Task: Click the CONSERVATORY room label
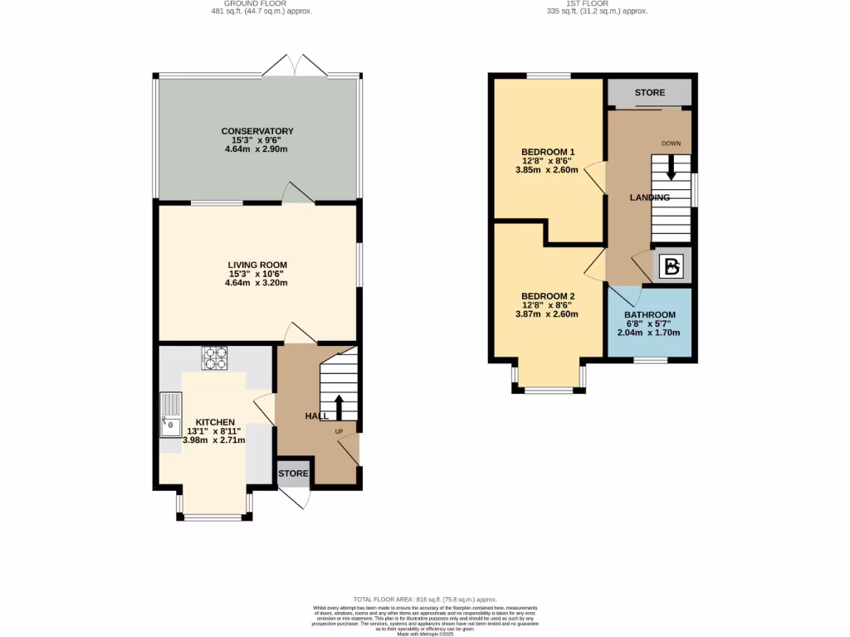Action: (x=257, y=131)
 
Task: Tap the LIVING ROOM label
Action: (x=257, y=265)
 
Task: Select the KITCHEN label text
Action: (x=216, y=421)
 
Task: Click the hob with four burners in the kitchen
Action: (x=214, y=357)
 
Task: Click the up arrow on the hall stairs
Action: (x=339, y=408)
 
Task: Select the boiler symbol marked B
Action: (x=672, y=266)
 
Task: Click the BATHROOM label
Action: (x=649, y=315)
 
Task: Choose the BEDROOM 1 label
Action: (x=547, y=152)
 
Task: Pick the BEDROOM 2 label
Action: (x=547, y=296)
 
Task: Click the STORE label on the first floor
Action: (x=649, y=93)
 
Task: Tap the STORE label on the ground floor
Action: (x=294, y=474)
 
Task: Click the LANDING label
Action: (x=649, y=197)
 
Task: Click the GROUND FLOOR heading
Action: (x=262, y=3)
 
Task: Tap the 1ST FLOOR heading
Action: (x=596, y=3)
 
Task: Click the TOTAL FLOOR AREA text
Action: (x=424, y=599)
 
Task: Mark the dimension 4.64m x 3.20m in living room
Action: (x=257, y=282)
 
